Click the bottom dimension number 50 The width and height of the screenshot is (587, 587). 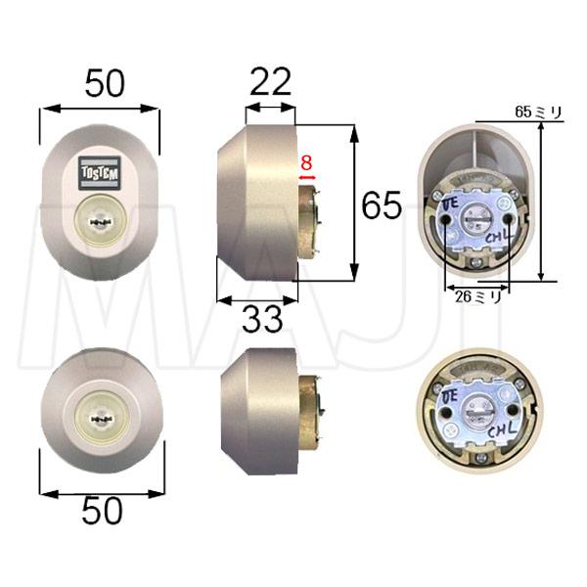pyautogui.click(x=102, y=511)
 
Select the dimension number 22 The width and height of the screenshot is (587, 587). pyautogui.click(x=270, y=82)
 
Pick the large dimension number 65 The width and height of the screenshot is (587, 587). pyautogui.click(x=383, y=206)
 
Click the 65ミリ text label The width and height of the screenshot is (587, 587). pyautogui.click(x=539, y=113)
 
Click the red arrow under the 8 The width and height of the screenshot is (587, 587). pyautogui.click(x=306, y=179)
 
